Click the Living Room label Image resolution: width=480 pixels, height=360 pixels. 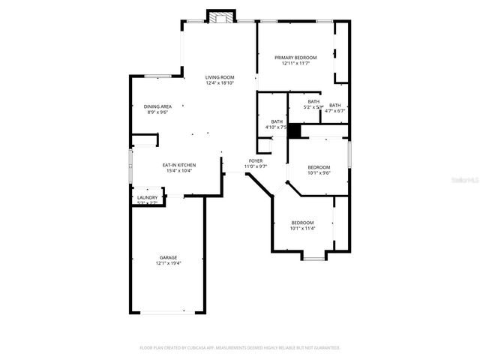click(220, 76)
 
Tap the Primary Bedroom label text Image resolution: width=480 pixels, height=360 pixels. click(295, 58)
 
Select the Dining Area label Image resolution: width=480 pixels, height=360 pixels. click(157, 106)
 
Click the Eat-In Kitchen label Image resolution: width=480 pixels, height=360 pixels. click(179, 164)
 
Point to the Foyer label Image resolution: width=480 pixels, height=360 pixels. click(256, 160)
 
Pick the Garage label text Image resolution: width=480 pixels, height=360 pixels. click(168, 257)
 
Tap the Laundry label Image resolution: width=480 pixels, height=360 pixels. click(147, 197)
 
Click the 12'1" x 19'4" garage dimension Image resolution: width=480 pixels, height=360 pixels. click(168, 263)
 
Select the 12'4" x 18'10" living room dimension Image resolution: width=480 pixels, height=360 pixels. click(220, 82)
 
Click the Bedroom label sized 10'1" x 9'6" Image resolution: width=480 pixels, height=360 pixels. click(319, 167)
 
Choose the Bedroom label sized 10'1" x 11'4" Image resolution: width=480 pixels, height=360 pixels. click(302, 222)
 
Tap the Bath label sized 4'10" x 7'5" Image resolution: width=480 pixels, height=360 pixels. click(277, 121)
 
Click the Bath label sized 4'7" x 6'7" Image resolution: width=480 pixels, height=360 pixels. click(334, 105)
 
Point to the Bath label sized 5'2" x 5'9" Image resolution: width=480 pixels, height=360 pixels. click(313, 101)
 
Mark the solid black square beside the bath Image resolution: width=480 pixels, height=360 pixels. click(295, 131)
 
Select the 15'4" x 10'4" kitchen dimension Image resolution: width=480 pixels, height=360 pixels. click(179, 170)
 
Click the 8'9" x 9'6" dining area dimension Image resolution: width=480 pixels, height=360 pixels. click(157, 112)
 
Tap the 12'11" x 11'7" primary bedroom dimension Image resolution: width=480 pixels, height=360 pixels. click(295, 64)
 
